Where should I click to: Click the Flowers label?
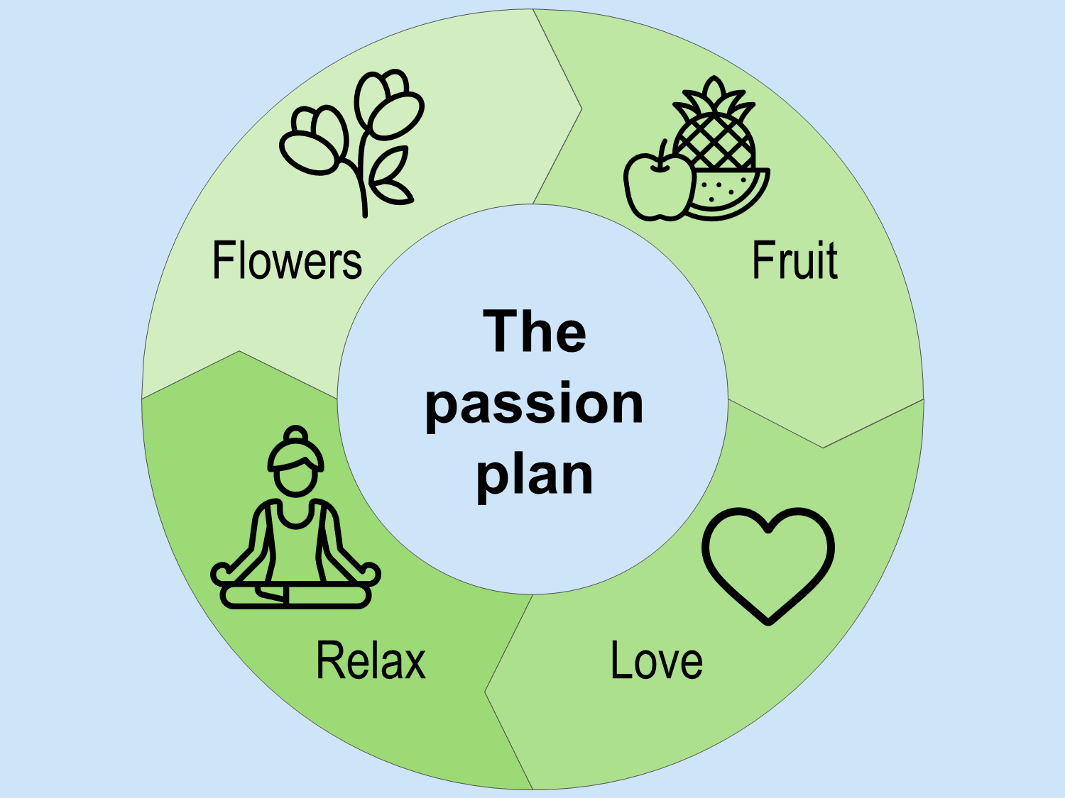(287, 260)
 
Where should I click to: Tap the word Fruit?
(794, 260)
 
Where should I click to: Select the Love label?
(657, 660)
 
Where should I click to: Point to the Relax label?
(371, 660)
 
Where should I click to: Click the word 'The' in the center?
(535, 331)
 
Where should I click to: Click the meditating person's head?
(295, 475)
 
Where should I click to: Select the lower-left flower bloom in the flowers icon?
(313, 142)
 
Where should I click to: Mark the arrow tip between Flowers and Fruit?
(580, 109)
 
